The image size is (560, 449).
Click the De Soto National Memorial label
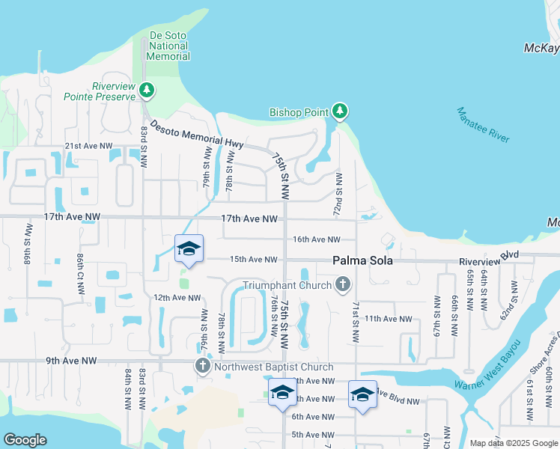click(168, 46)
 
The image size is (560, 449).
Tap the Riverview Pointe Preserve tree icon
click(147, 91)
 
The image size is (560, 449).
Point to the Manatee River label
click(483, 125)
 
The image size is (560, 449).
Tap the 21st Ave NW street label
click(88, 146)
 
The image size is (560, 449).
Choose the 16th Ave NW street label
click(317, 239)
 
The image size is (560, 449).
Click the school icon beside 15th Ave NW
click(189, 248)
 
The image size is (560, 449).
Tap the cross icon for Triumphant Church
click(343, 284)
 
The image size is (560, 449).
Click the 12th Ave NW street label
click(178, 298)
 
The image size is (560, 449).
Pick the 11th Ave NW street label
click(389, 319)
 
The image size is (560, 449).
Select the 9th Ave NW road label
click(72, 361)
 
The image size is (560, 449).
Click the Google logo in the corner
click(25, 440)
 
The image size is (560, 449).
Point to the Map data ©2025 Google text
click(513, 443)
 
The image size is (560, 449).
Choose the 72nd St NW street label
click(339, 195)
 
